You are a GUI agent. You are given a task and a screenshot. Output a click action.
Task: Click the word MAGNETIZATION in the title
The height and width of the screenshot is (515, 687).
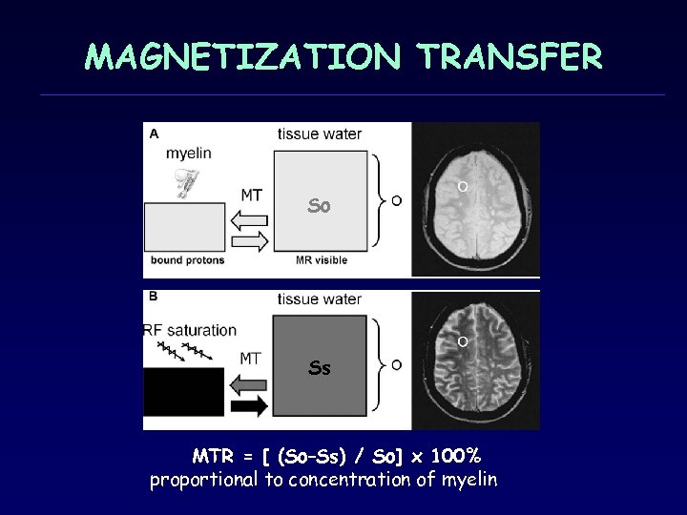point(242,56)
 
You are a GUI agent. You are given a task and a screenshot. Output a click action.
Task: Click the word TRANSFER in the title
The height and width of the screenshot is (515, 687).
point(509,56)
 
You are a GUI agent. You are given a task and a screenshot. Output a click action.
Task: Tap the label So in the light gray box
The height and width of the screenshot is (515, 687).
point(320,205)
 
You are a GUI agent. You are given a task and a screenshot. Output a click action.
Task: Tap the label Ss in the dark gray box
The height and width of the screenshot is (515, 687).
point(320,367)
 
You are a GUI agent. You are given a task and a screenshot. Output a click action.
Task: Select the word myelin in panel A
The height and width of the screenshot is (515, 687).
point(189,153)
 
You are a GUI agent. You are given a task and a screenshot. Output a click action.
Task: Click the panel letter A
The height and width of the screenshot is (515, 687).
point(154,134)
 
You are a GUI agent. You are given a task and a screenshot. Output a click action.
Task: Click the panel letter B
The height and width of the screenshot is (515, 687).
point(154,297)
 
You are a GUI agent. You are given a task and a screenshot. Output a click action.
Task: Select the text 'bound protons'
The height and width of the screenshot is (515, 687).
point(187,259)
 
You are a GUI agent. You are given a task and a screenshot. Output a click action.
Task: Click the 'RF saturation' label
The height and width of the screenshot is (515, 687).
point(191,330)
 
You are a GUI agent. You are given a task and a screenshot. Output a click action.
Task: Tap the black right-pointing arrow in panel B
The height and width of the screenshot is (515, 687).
point(250,405)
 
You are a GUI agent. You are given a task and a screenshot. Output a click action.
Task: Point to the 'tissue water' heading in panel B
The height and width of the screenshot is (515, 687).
point(320,299)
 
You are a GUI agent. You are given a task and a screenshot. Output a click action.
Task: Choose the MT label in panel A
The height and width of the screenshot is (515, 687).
point(251,196)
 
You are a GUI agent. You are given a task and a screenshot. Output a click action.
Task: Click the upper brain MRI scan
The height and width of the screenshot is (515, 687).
point(475,199)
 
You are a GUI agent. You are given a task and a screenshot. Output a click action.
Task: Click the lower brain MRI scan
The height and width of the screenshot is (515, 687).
point(475,360)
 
